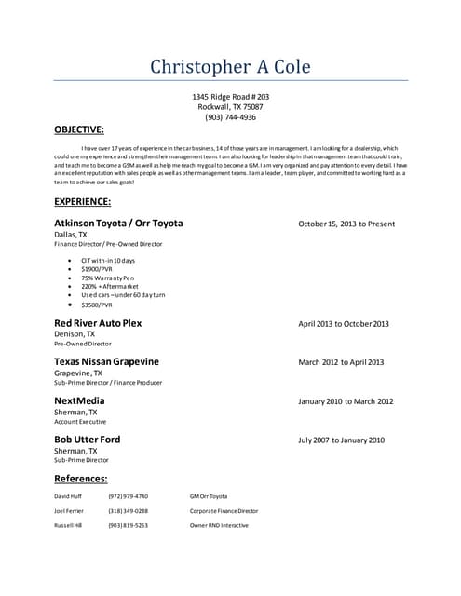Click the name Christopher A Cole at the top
230,67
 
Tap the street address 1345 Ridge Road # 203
230,97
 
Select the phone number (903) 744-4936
230,117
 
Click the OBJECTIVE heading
79,129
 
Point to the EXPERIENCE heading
82,201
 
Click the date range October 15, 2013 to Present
346,224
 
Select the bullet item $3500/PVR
97,305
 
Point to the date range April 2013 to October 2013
344,324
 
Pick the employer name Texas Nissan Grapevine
106,361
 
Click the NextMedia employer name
79,400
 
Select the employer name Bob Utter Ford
87,439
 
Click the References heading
80,479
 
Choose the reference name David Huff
69,496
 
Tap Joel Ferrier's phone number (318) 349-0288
128,511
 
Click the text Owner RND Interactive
219,526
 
